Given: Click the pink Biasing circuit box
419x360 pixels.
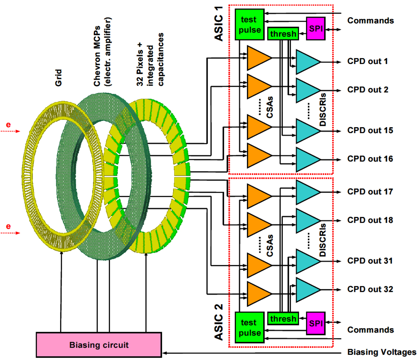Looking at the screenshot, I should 99,345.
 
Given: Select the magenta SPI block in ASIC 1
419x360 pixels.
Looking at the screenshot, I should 316,28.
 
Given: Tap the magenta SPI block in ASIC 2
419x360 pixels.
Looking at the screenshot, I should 316,323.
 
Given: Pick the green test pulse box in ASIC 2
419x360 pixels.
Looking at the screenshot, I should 249,327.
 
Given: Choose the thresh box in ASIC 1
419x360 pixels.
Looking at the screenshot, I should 283,34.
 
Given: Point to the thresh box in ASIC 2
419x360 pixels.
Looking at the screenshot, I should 283,318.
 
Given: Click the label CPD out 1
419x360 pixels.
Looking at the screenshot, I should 367,62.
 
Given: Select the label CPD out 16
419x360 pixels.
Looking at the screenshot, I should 370,159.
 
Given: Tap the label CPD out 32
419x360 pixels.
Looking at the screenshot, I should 370,289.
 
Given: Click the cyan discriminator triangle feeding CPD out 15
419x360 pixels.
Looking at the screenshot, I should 307,131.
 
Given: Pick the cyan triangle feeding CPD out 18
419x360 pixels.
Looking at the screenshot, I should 307,221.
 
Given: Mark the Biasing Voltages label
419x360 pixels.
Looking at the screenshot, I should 382,352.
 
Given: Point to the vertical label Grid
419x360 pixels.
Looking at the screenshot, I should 58,78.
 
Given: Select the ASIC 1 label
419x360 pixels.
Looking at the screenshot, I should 219,28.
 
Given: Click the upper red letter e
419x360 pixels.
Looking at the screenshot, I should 8,125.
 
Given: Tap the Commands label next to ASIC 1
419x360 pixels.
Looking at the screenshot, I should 370,21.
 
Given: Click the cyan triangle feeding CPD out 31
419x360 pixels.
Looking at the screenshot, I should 307,261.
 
